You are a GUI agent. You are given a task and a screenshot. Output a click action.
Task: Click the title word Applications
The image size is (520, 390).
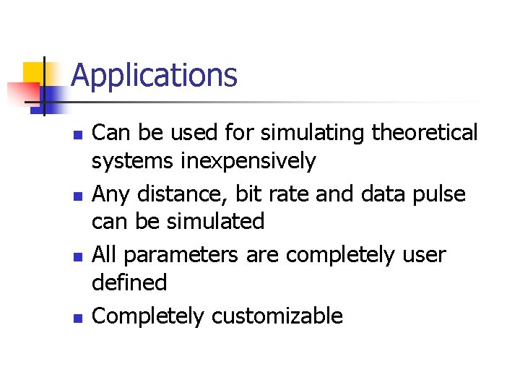[154, 76]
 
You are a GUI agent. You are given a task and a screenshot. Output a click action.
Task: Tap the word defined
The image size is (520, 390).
[129, 282]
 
